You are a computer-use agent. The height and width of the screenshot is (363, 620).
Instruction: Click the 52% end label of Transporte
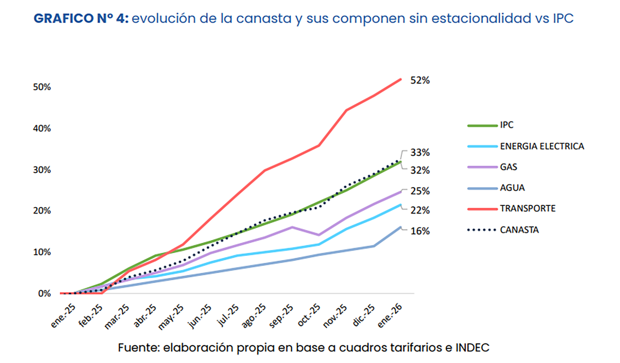pos(420,80)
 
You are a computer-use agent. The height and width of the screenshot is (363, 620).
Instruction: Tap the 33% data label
pos(420,152)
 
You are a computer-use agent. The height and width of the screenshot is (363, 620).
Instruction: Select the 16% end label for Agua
pos(420,231)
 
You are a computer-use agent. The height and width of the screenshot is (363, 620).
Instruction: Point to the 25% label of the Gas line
pos(420,191)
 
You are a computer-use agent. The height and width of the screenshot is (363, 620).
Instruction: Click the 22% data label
pos(420,210)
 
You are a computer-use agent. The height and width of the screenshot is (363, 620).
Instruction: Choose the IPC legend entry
pos(506,125)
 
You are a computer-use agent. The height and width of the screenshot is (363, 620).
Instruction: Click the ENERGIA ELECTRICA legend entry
pos(542,146)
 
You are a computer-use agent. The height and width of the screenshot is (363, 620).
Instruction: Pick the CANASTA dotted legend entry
pos(519,230)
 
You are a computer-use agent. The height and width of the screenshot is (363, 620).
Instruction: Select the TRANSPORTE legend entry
pos(527,208)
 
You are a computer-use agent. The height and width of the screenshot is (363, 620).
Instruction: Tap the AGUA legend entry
pos(512,188)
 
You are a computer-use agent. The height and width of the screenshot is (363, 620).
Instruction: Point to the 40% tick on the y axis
pos(42,128)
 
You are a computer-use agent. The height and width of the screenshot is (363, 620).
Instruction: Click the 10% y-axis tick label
pos(42,252)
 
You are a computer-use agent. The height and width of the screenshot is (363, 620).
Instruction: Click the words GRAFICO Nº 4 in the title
pos(81,18)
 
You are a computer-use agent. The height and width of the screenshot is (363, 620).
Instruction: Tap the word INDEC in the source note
pos(472,347)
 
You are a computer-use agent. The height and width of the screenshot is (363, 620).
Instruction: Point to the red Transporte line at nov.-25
pos(346,110)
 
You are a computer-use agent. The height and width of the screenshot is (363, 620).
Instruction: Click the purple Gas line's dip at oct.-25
pos(319,235)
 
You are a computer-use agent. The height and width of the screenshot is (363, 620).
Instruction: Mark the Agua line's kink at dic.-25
pos(374,246)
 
